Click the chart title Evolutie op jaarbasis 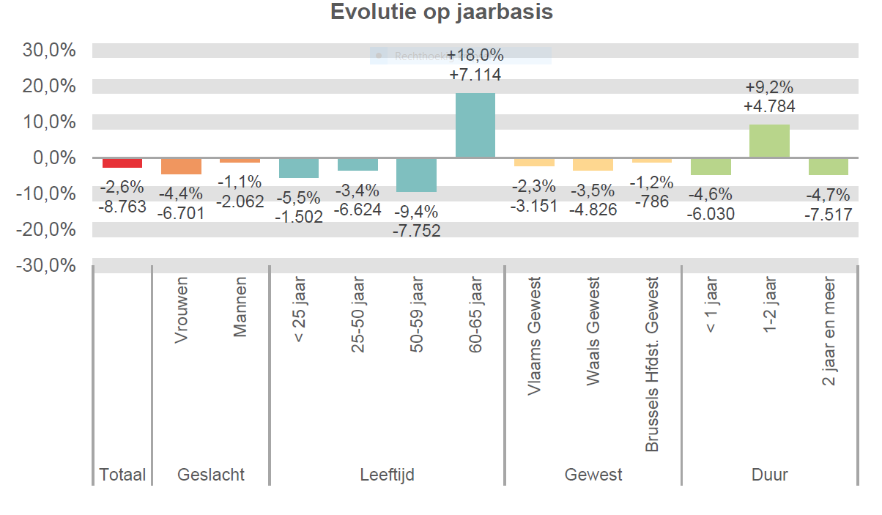click(x=441, y=12)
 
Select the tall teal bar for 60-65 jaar click(x=475, y=125)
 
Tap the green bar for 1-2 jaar click(x=769, y=141)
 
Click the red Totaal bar click(x=122, y=163)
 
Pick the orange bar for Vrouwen click(x=181, y=166)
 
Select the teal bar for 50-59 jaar click(x=416, y=175)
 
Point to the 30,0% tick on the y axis click(x=50, y=51)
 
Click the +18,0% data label click(x=475, y=56)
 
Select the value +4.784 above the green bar click(x=769, y=106)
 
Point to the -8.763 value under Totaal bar click(x=122, y=207)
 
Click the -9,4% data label click(x=416, y=212)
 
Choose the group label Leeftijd click(x=387, y=475)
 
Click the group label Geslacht click(x=211, y=475)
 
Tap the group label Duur click(x=769, y=475)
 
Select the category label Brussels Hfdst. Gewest click(x=652, y=364)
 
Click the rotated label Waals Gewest click(x=593, y=331)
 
